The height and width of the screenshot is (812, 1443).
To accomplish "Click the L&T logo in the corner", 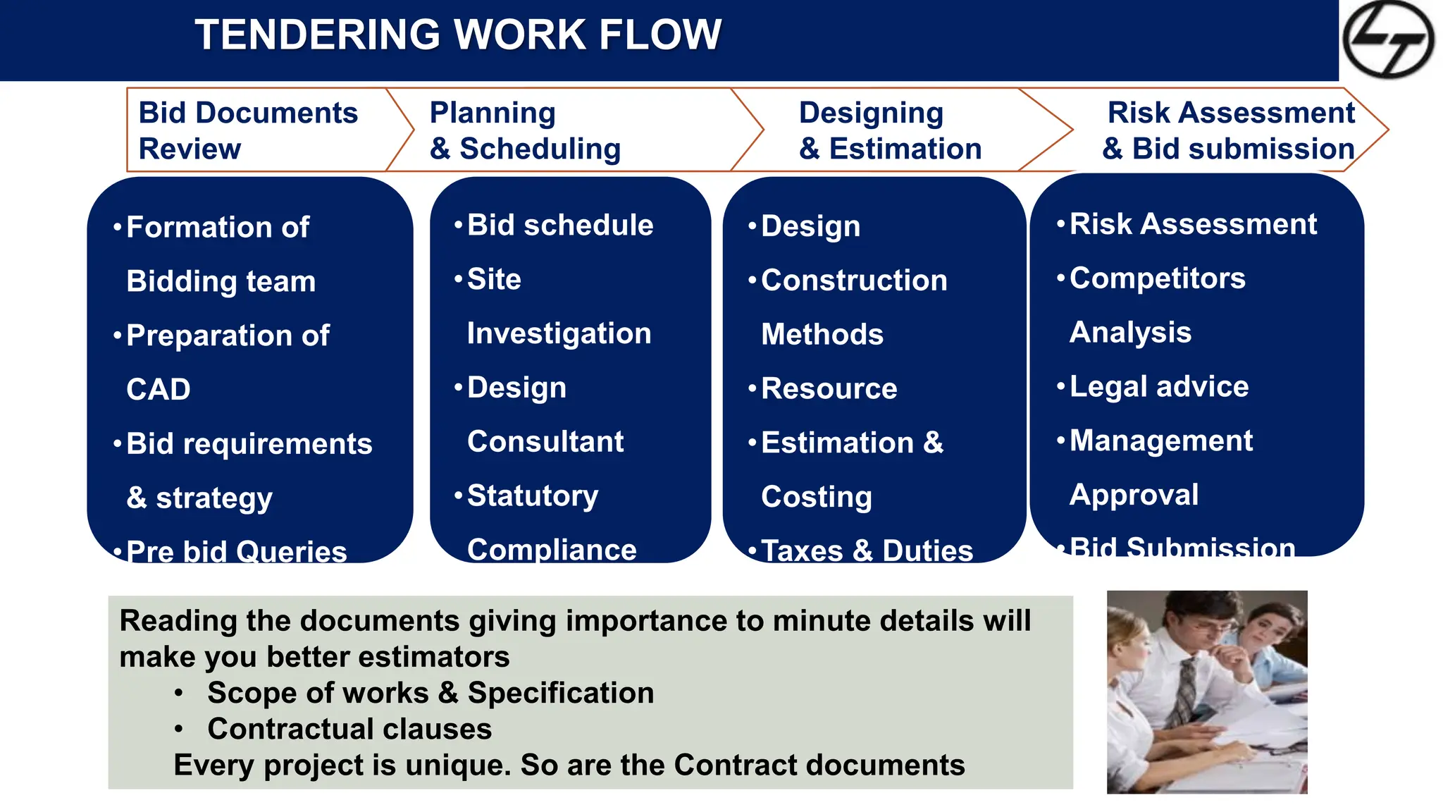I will pyautogui.click(x=1387, y=39).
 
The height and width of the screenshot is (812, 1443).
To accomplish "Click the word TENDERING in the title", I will pyautogui.click(x=317, y=35).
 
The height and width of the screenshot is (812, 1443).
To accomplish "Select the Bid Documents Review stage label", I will pyautogui.click(x=248, y=130).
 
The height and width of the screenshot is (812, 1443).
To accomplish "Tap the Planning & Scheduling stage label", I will pyautogui.click(x=525, y=130).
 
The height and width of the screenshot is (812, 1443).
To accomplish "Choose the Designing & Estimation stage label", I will pyautogui.click(x=890, y=130).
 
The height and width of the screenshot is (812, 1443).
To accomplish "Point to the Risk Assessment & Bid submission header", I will pyautogui.click(x=1230, y=130).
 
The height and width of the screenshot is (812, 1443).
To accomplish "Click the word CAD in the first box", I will pyautogui.click(x=159, y=390).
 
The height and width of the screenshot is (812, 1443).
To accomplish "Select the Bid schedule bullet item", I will pyautogui.click(x=560, y=226).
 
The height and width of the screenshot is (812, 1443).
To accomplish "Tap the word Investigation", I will pyautogui.click(x=559, y=333).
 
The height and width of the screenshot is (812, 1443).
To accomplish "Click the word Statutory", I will pyautogui.click(x=533, y=496).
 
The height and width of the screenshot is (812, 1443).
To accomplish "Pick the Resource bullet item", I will pyautogui.click(x=829, y=388).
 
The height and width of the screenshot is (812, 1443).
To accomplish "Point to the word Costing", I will pyautogui.click(x=817, y=497).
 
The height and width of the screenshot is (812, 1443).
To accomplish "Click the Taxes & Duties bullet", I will pyautogui.click(x=867, y=550).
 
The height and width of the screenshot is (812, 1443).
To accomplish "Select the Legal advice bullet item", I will pyautogui.click(x=1159, y=386).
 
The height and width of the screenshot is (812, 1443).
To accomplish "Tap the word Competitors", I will pyautogui.click(x=1158, y=278).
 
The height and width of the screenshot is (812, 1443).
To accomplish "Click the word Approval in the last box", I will pyautogui.click(x=1134, y=495).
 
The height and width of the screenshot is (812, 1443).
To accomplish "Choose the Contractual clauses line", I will pyautogui.click(x=349, y=729).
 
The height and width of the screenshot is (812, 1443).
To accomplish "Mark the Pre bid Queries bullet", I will pyautogui.click(x=237, y=550).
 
